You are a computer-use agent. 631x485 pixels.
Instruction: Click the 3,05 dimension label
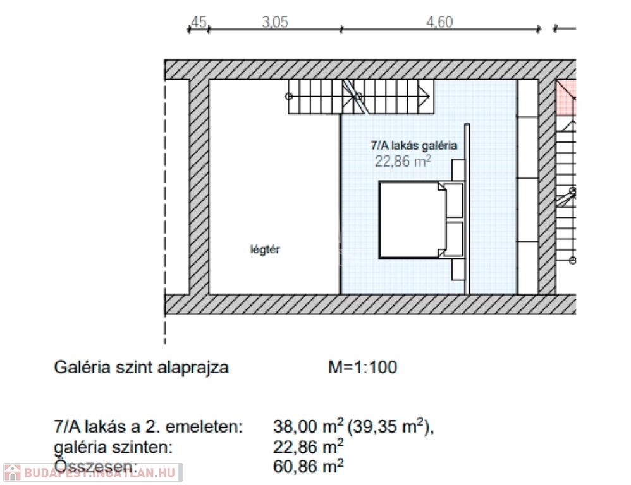tap(275, 22)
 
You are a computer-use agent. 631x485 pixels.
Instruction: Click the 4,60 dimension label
tap(440, 22)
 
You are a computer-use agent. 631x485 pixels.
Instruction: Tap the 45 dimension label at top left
tap(199, 22)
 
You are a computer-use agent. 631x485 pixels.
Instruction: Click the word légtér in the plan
tap(265, 249)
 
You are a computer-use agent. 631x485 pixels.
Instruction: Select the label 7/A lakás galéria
tap(414, 145)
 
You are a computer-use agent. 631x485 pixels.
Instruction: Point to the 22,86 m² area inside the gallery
tap(403, 161)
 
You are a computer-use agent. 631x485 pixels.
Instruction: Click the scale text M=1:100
tap(362, 368)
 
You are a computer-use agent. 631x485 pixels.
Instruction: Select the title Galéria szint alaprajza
tap(141, 368)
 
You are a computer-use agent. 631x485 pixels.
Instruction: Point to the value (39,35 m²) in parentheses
tap(390, 426)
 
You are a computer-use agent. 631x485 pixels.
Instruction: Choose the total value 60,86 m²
tap(309, 467)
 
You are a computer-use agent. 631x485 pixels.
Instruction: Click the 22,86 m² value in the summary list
tap(309, 446)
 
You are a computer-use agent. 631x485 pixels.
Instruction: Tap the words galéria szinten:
tap(113, 447)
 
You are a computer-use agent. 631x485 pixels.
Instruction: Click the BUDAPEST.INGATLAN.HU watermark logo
tap(93, 472)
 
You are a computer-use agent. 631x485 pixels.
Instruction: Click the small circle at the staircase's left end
tap(288, 97)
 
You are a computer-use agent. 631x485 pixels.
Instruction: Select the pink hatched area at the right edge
tap(567, 98)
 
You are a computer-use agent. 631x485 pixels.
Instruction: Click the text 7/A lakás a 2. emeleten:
tap(149, 426)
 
